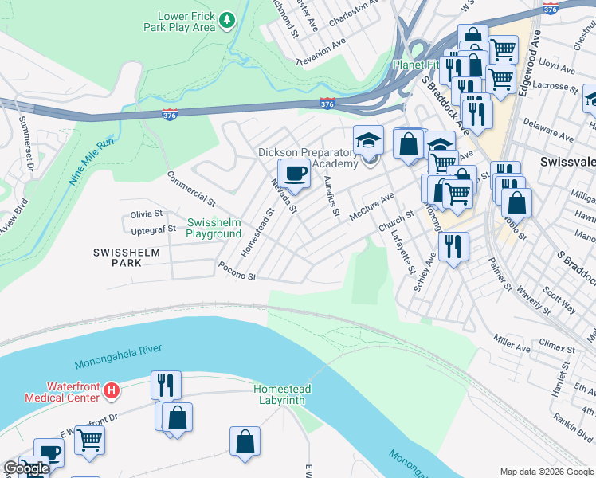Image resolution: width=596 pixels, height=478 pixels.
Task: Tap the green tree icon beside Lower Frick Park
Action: [228, 19]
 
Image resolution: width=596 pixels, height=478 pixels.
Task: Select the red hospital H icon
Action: [112, 391]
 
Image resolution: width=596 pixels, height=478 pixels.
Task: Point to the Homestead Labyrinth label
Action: [282, 394]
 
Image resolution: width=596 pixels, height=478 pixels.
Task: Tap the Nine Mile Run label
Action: [92, 163]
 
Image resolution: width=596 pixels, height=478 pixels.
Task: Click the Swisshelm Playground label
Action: [214, 228]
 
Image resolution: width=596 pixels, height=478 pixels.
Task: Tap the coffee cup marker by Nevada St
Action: [295, 174]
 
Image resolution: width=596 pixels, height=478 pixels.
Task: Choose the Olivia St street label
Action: [147, 214]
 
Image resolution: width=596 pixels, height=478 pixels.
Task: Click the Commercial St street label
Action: [191, 188]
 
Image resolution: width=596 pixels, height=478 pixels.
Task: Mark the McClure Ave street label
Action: [375, 201]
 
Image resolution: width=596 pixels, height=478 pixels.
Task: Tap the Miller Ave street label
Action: [511, 347]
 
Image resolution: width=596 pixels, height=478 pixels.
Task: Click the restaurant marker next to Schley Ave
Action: [453, 245]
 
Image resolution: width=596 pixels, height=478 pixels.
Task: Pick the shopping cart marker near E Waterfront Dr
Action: [89, 441]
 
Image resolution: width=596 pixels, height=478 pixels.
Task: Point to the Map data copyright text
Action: [547, 471]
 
